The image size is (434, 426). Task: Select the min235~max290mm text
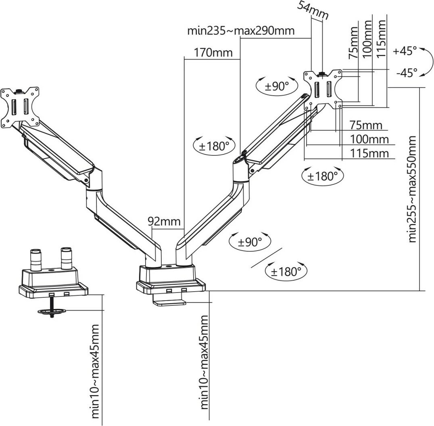tap(241, 31)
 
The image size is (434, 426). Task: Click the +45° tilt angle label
tap(405, 51)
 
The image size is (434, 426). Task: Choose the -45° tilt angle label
tap(406, 73)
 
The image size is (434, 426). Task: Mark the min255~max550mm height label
tap(412, 189)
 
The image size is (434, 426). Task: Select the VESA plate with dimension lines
tap(322, 89)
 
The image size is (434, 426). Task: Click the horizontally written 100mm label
tap(369, 140)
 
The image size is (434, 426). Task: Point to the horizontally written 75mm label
tap(365, 125)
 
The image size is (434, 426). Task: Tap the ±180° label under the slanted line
tap(286, 271)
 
